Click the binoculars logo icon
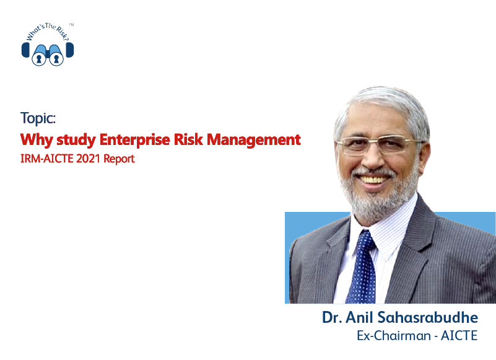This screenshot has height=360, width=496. [x=48, y=54]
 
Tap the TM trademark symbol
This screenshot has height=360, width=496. [x=71, y=24]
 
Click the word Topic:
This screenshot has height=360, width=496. [x=38, y=118]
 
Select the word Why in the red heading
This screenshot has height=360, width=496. [x=37, y=140]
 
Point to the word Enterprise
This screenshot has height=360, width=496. [x=135, y=140]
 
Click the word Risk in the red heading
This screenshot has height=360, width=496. [x=188, y=139]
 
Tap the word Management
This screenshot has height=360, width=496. [x=254, y=140]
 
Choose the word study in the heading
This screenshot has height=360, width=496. [x=76, y=140]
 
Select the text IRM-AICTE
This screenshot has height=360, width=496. [x=47, y=158]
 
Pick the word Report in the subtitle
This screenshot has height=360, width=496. [x=119, y=159]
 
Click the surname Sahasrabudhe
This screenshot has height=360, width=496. [x=428, y=317]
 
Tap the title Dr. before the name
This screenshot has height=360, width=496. [x=332, y=317]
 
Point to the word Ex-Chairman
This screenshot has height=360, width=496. [x=393, y=335]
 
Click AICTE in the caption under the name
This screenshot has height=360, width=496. [x=459, y=335]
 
